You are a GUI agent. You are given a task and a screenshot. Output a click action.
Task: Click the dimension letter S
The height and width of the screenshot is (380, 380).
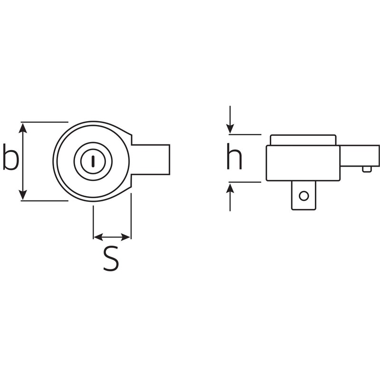click(111, 259)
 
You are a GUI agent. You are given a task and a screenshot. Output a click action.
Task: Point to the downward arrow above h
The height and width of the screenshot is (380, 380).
click(230, 127)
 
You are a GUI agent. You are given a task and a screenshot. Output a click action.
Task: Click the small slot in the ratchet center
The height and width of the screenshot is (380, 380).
click(93, 161)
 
